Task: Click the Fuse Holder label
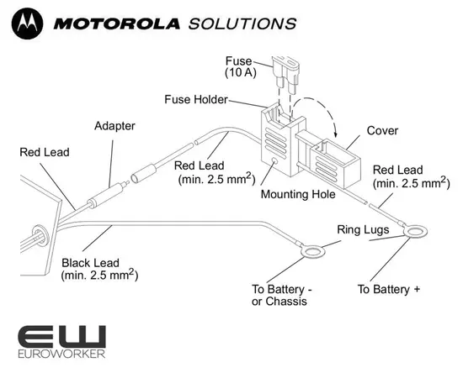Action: coord(196,100)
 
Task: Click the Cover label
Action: coord(381,131)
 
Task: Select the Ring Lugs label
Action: coord(363,228)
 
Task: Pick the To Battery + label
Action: coord(389,289)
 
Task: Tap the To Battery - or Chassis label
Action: coord(282,295)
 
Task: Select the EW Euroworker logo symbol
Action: coord(62,336)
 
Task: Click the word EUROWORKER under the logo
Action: coord(62,356)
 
